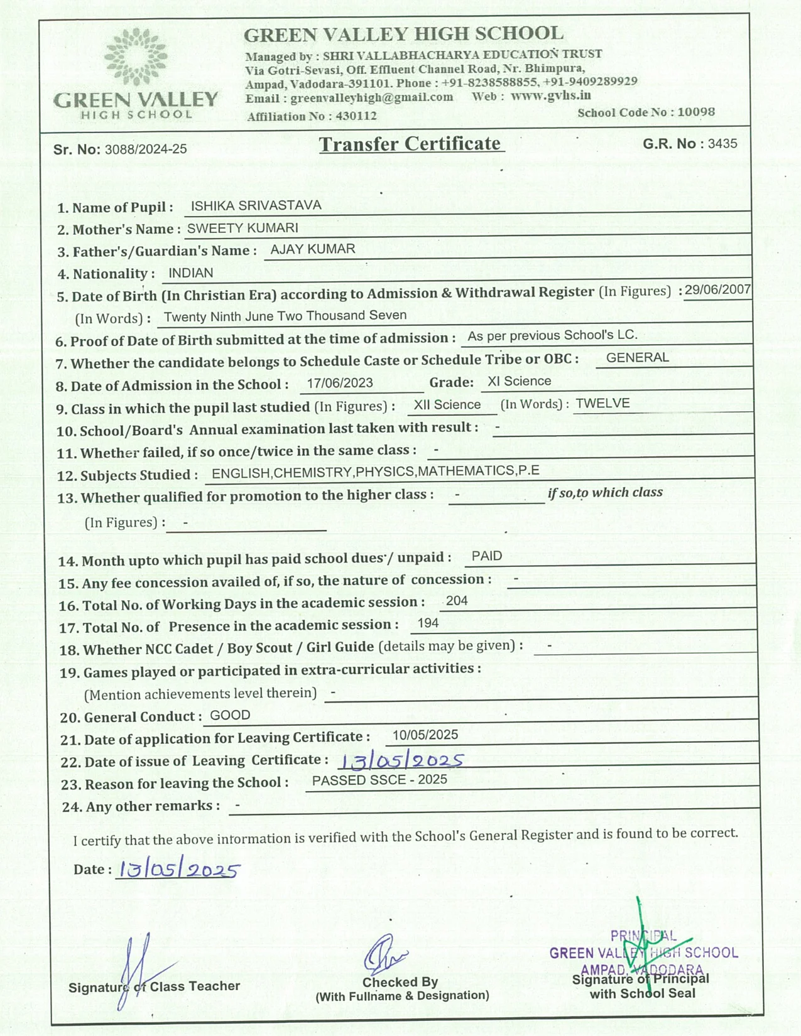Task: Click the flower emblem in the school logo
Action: click(136, 57)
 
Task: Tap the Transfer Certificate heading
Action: click(410, 144)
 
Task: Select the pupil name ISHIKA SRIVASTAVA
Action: click(256, 206)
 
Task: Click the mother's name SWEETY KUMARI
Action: click(242, 229)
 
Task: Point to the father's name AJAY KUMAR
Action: click(313, 249)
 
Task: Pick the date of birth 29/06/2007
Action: click(717, 289)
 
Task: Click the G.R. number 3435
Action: click(722, 144)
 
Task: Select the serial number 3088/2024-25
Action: click(146, 149)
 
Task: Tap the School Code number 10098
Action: click(696, 112)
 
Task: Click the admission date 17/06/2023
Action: click(340, 383)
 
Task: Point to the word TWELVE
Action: click(602, 403)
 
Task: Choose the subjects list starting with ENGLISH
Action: click(375, 472)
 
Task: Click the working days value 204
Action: click(457, 601)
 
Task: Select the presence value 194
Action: click(428, 623)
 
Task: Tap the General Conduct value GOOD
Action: click(230, 715)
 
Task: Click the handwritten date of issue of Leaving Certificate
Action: click(401, 761)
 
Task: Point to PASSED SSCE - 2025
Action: click(379, 780)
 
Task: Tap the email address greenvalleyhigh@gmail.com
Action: click(371, 97)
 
